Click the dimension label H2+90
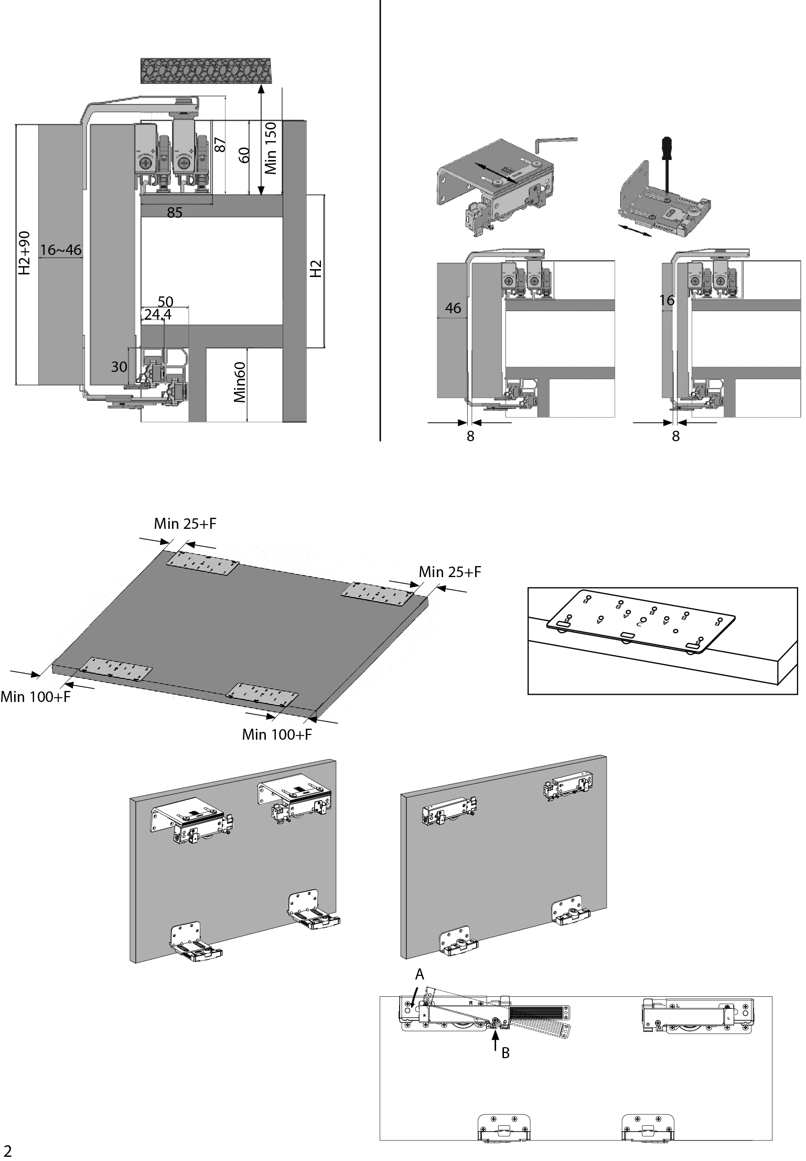[x=24, y=253]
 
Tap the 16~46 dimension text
[x=61, y=250]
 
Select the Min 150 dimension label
[x=271, y=148]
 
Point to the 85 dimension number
[x=175, y=213]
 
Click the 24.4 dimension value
[x=158, y=315]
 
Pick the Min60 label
[x=240, y=382]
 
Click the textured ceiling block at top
[x=207, y=70]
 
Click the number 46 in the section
[x=453, y=308]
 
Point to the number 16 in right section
[x=667, y=301]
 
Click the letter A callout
[x=420, y=975]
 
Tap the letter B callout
[x=506, y=1053]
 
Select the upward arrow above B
[x=496, y=1041]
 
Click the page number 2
[x=7, y=1151]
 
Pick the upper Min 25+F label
[x=185, y=524]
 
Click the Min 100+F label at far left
[x=35, y=697]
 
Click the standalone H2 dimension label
[x=315, y=269]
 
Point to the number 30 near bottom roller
[x=119, y=367]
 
